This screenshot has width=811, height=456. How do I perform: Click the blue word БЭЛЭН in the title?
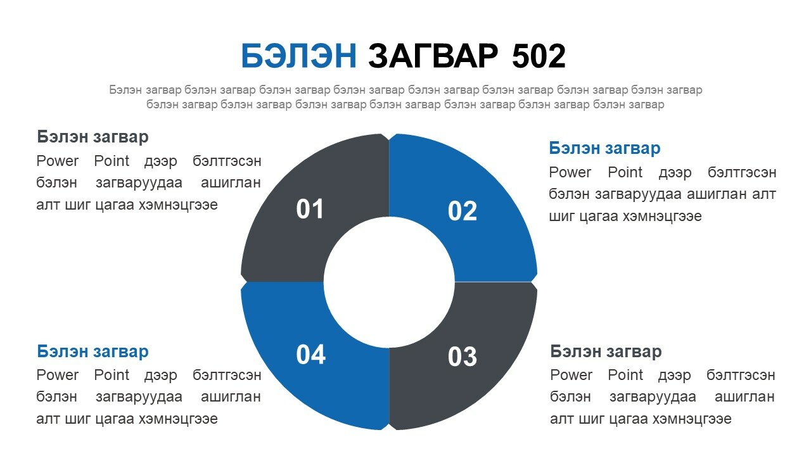click(298, 56)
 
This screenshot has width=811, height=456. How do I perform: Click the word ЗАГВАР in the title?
click(433, 56)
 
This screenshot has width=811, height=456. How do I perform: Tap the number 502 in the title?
click(539, 56)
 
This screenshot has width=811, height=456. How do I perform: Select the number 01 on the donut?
click(310, 209)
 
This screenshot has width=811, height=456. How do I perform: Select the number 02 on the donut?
click(463, 211)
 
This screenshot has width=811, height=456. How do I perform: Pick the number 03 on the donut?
click(463, 357)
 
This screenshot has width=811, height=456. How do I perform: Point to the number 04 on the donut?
click(310, 355)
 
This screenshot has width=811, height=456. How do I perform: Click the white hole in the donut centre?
click(389, 282)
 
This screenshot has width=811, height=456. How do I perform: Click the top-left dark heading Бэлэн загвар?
click(93, 137)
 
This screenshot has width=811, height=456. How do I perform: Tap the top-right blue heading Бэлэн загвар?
click(604, 148)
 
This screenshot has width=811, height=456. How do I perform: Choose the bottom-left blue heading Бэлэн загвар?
click(93, 351)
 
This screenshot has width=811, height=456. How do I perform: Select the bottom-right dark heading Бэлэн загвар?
click(606, 351)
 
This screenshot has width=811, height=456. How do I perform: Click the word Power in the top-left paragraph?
click(57, 161)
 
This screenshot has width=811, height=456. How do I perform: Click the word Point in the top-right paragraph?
click(625, 172)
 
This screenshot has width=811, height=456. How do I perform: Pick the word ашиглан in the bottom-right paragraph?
click(744, 397)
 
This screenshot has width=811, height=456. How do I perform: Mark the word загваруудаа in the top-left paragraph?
click(139, 183)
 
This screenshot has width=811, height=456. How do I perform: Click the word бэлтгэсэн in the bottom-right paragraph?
click(741, 375)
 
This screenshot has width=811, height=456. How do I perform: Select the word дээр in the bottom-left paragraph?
click(161, 376)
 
